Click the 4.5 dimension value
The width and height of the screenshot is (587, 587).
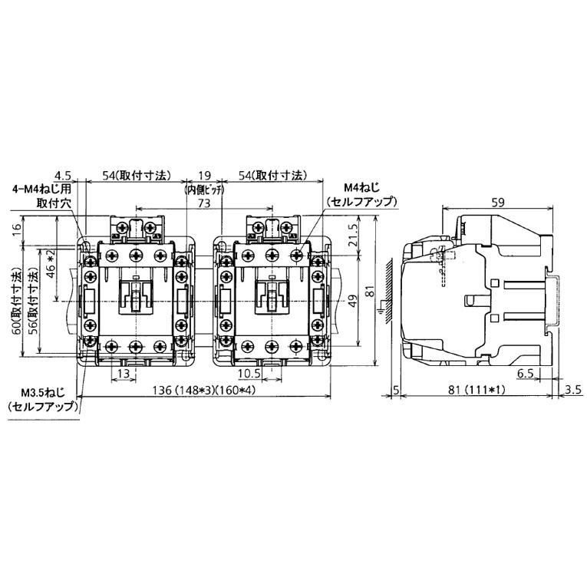64,176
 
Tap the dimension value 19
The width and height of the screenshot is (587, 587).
204,176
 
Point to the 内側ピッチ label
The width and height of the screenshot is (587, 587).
204,190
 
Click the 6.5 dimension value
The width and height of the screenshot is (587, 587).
526,373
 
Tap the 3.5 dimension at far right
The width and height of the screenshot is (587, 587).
572,390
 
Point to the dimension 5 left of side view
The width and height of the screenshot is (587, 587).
396,390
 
